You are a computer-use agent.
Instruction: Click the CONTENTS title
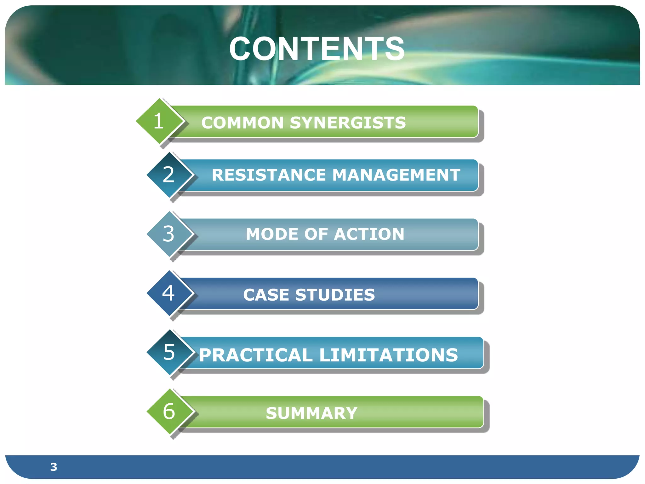[317, 49]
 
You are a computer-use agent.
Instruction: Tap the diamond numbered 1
[159, 121]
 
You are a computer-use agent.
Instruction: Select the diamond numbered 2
[169, 175]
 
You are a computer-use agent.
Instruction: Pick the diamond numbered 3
[169, 234]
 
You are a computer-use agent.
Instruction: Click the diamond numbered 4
[169, 293]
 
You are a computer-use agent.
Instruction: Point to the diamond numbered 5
[169, 352]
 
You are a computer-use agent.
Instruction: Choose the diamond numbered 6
[169, 412]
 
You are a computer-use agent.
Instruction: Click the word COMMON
[243, 123]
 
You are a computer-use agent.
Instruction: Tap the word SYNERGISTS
[348, 123]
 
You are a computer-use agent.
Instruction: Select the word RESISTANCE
[269, 175]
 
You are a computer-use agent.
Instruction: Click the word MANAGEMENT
[396, 175]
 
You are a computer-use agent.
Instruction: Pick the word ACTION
[369, 234]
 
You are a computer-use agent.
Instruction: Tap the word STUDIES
[335, 295]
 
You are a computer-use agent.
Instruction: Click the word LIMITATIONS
[389, 355]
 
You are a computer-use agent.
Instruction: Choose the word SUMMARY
[311, 413]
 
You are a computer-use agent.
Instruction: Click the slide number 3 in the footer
[54, 467]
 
